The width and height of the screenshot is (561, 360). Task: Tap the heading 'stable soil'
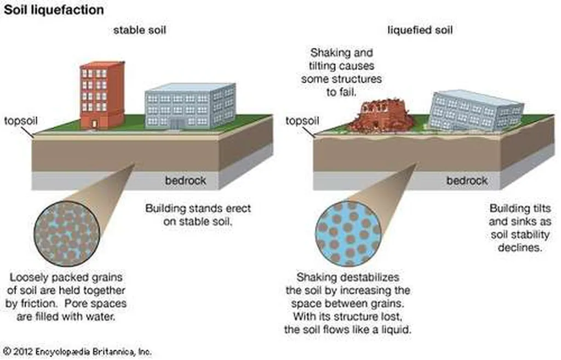[x=139, y=30]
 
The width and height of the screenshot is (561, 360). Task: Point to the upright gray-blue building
[x=190, y=106]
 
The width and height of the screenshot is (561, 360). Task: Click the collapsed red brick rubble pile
[x=381, y=116]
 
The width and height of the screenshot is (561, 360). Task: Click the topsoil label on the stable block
[x=20, y=121]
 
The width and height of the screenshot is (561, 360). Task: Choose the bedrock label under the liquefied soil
[x=466, y=180]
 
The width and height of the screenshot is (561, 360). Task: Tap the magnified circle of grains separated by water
[x=348, y=233]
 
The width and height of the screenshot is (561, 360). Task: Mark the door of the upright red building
[x=94, y=123]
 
